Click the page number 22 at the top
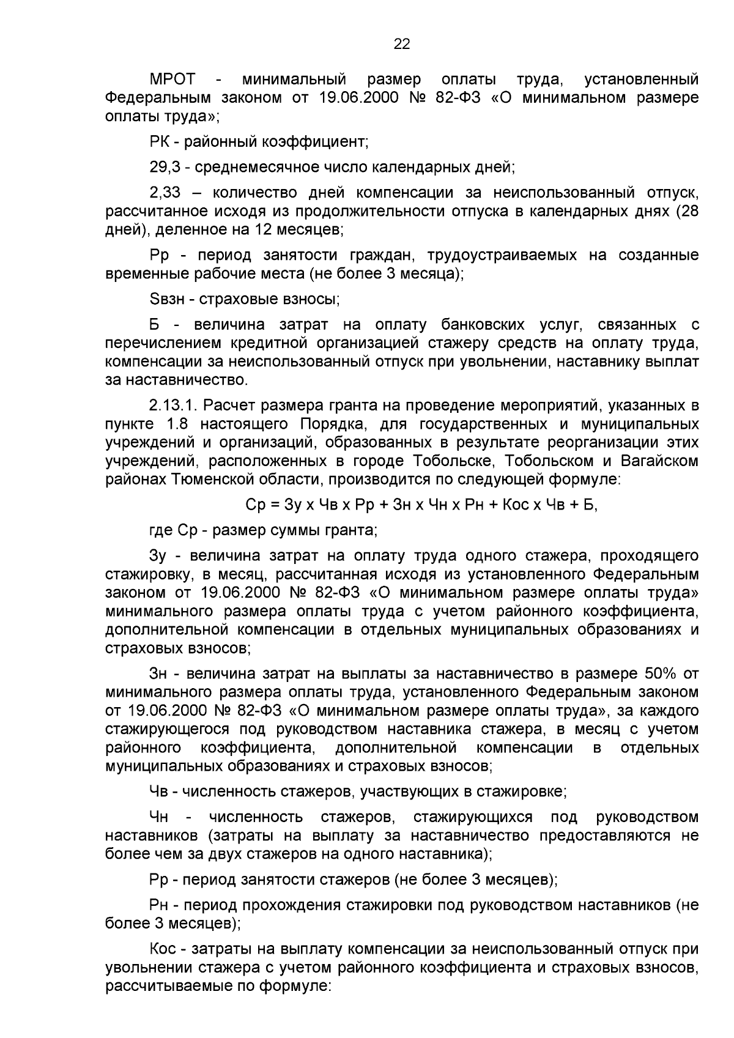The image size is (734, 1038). (401, 43)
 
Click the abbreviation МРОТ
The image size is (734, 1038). (172, 80)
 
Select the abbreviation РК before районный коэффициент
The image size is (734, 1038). (160, 143)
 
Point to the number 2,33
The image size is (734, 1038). (165, 193)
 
